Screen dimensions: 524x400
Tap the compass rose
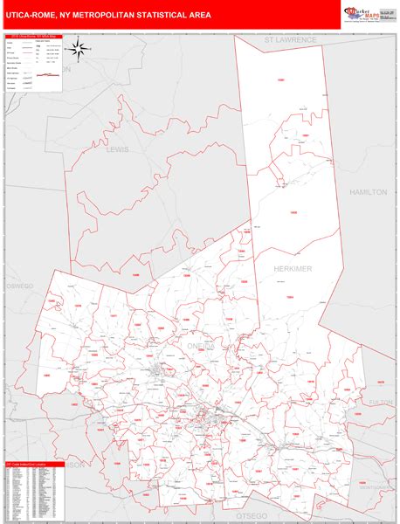click(78, 49)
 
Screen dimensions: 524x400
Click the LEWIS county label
click(116, 149)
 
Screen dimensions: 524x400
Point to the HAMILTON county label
click(368, 191)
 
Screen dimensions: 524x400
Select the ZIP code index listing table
click(33, 494)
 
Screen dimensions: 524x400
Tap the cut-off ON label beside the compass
click(65, 70)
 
